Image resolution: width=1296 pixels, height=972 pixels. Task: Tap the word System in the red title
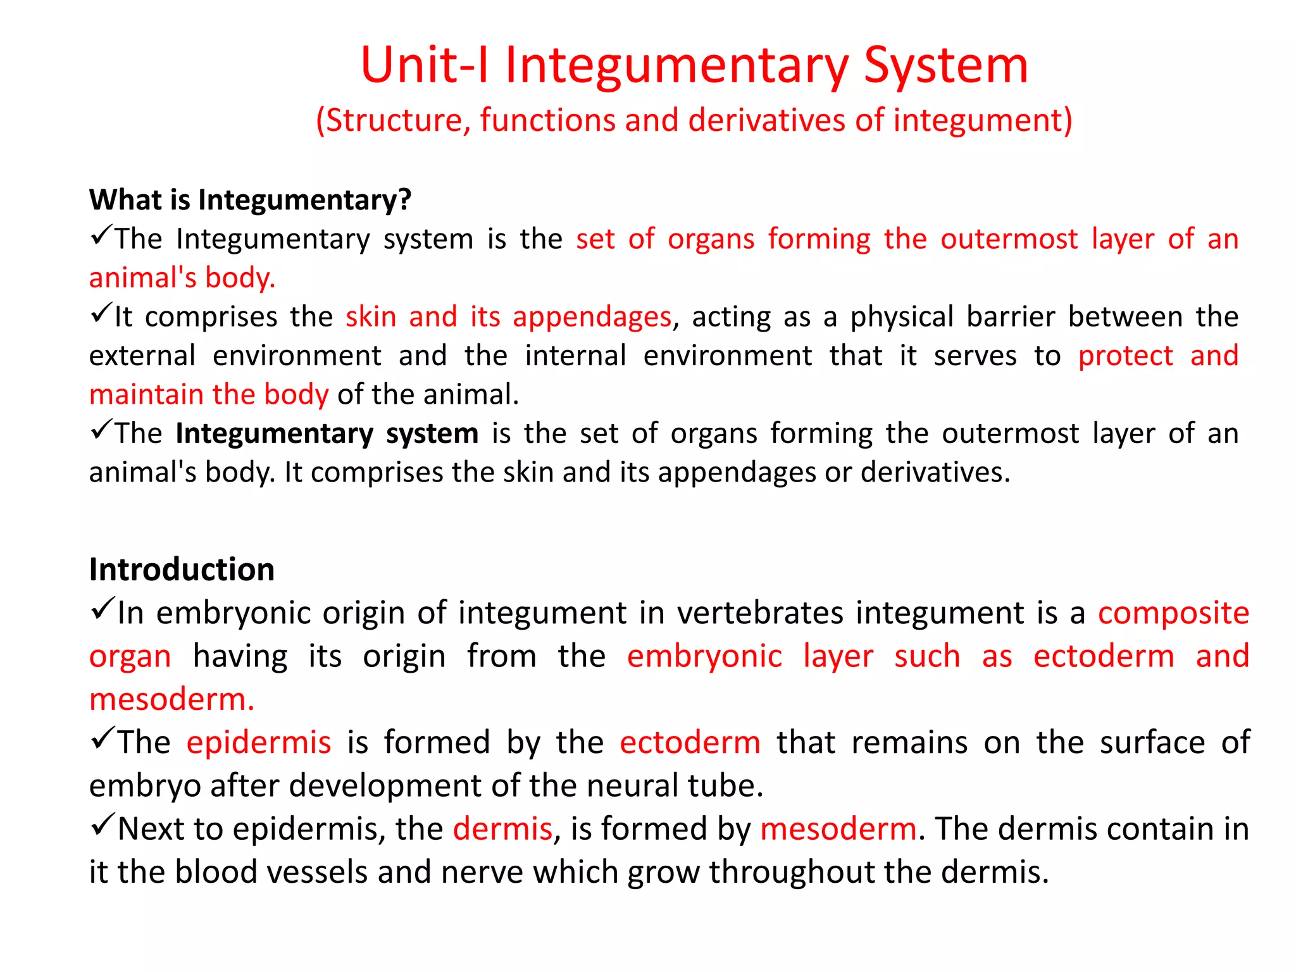point(946,65)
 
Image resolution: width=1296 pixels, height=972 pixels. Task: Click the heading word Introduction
point(182,570)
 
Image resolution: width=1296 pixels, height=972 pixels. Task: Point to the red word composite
point(1173,613)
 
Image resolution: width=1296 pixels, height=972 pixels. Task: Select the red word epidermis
point(259,743)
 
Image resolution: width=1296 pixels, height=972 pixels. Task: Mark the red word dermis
point(502,829)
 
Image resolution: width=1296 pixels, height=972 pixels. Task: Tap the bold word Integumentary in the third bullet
point(274,434)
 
